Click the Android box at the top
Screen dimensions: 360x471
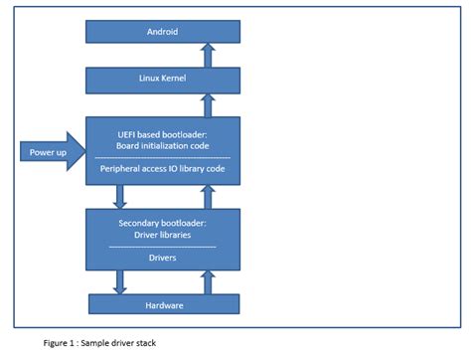pos(162,31)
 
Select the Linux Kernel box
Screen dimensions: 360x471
pos(162,79)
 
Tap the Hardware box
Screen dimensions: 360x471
pos(162,304)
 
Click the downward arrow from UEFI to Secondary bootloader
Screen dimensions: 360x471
pos(120,194)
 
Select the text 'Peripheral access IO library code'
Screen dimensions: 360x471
pos(162,168)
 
